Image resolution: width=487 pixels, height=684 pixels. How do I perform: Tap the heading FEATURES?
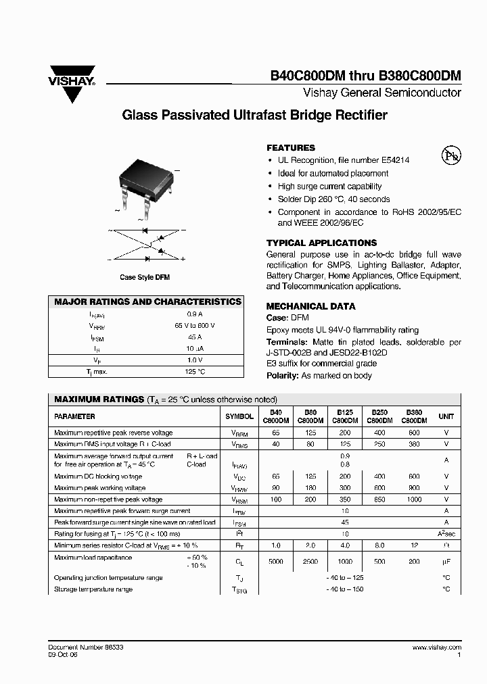(291, 148)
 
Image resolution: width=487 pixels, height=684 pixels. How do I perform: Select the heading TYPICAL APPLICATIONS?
(321, 243)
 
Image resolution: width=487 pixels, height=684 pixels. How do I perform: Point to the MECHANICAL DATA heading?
(310, 306)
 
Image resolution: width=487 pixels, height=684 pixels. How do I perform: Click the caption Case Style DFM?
(145, 278)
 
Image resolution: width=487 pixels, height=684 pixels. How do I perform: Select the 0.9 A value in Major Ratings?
(194, 314)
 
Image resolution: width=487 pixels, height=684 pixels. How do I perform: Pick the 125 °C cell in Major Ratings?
(195, 372)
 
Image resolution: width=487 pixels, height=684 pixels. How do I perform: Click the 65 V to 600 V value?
(194, 326)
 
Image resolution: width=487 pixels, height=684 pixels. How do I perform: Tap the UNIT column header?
(446, 417)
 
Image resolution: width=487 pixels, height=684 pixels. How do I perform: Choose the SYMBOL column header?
(239, 417)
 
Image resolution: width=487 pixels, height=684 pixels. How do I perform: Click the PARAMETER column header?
(74, 417)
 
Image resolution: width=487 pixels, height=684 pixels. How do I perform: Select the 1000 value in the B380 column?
(413, 499)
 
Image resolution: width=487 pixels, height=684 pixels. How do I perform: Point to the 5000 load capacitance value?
(275, 561)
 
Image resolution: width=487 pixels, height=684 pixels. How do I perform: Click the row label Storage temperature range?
(93, 589)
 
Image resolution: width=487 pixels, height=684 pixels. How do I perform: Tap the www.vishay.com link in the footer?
(436, 647)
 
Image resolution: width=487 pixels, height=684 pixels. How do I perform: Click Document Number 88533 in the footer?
(86, 647)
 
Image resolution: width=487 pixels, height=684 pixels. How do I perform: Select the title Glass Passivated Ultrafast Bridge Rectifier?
(254, 116)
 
